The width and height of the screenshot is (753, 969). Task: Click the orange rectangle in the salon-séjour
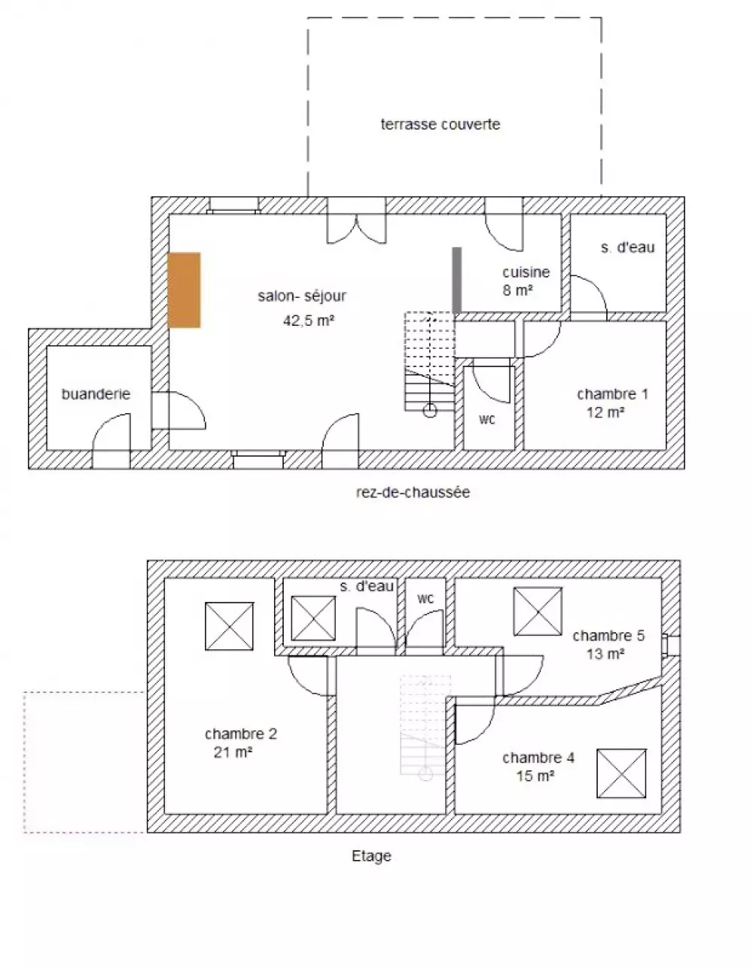pyautogui.click(x=184, y=290)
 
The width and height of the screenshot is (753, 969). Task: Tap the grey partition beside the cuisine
pyautogui.click(x=456, y=280)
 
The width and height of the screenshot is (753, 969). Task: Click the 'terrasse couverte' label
pyautogui.click(x=440, y=124)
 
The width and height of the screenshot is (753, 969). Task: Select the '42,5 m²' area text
pyautogui.click(x=309, y=320)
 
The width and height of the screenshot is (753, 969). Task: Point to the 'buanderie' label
pyautogui.click(x=96, y=393)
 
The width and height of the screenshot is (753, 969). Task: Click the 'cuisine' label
pyautogui.click(x=526, y=272)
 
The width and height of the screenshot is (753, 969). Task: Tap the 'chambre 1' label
pyautogui.click(x=612, y=393)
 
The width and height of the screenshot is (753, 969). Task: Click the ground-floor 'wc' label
pyautogui.click(x=487, y=419)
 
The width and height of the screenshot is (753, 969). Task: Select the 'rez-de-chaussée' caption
pyautogui.click(x=413, y=492)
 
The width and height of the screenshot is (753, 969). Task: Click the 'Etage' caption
pyautogui.click(x=371, y=855)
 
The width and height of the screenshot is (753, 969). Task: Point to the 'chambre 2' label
pyautogui.click(x=241, y=734)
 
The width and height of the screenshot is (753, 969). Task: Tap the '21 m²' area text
pyautogui.click(x=233, y=752)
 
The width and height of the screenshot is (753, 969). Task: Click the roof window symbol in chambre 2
pyautogui.click(x=230, y=626)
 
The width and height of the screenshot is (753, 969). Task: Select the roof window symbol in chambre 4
pyautogui.click(x=621, y=773)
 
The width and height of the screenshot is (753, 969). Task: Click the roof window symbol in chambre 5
pyautogui.click(x=538, y=612)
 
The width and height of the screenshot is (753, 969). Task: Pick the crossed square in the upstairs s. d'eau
pyautogui.click(x=313, y=618)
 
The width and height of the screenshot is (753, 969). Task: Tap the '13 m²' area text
pyautogui.click(x=605, y=654)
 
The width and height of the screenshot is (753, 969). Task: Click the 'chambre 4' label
pyautogui.click(x=538, y=758)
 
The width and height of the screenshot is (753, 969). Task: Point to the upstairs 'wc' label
pyautogui.click(x=425, y=598)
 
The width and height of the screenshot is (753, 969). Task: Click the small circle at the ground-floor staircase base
pyautogui.click(x=430, y=410)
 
